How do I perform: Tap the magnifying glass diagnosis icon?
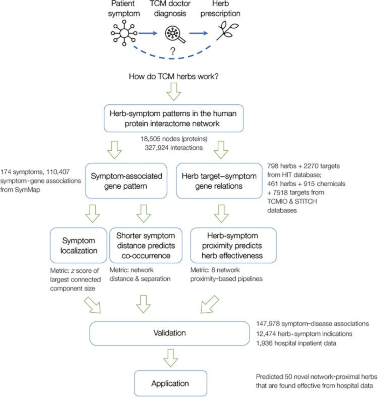point(174,34)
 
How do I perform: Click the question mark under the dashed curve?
point(173,52)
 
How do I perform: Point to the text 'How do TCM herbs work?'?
point(174,76)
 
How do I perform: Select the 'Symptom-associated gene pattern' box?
point(126,181)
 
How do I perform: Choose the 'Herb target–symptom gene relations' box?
point(219,181)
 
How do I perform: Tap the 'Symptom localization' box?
point(78,245)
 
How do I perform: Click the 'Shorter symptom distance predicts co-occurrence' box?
point(146,245)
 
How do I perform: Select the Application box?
point(170,383)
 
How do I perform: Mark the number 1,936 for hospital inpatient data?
point(264,343)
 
